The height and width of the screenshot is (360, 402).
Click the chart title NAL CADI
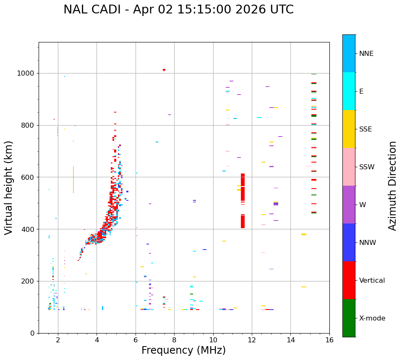click(x=178, y=10)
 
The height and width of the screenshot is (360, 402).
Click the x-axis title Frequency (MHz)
click(x=183, y=350)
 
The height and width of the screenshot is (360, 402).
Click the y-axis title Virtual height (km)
click(x=9, y=188)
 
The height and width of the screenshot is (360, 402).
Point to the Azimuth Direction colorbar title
click(x=392, y=186)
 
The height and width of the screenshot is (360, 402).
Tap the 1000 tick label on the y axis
click(x=26, y=74)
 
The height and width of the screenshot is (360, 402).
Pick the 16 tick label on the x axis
click(x=329, y=340)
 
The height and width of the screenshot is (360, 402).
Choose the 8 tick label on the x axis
click(x=174, y=340)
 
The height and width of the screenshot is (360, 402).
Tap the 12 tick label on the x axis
click(x=252, y=340)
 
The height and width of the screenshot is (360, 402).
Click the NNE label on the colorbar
click(x=366, y=54)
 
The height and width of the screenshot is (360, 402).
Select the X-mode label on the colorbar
click(x=372, y=318)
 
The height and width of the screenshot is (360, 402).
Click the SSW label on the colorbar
click(x=367, y=167)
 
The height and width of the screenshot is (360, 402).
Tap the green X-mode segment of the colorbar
click(x=349, y=318)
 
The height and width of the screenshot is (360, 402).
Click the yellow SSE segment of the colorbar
click(x=349, y=129)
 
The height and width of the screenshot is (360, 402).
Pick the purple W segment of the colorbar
click(x=349, y=205)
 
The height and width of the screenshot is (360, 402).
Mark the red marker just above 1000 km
click(x=164, y=70)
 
